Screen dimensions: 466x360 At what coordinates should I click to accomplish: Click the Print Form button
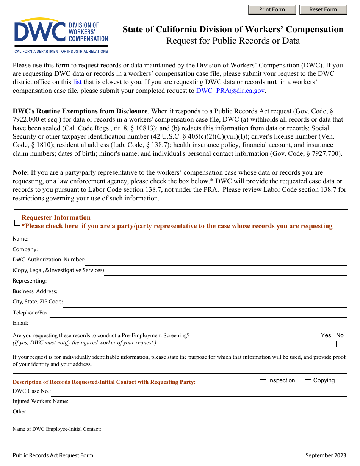[x=272, y=9]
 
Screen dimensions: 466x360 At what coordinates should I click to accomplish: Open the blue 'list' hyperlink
[x=77, y=82]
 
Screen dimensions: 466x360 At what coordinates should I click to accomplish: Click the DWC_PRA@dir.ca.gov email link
[x=230, y=91]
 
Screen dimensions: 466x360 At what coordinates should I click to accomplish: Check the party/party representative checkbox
[x=17, y=223]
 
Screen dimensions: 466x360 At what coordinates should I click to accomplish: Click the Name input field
[x=188, y=239]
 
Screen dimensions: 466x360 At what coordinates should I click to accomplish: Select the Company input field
[x=192, y=250]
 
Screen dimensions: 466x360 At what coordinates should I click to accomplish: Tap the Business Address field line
[x=202, y=292]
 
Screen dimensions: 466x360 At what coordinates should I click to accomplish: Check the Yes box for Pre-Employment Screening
[x=324, y=344]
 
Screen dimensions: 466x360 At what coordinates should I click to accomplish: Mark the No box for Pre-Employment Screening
[x=339, y=344]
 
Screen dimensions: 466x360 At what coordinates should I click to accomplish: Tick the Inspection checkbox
[x=263, y=382]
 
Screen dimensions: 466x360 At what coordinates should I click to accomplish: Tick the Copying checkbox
[x=308, y=382]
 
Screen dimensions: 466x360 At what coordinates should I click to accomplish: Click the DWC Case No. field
[x=199, y=391]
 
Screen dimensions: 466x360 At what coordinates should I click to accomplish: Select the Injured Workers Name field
[x=208, y=402]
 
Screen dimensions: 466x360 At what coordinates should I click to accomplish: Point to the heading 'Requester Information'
[x=56, y=217]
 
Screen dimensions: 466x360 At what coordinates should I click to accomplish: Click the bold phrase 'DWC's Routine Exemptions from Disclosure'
[x=80, y=111]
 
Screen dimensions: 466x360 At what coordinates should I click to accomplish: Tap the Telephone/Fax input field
[x=198, y=313]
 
